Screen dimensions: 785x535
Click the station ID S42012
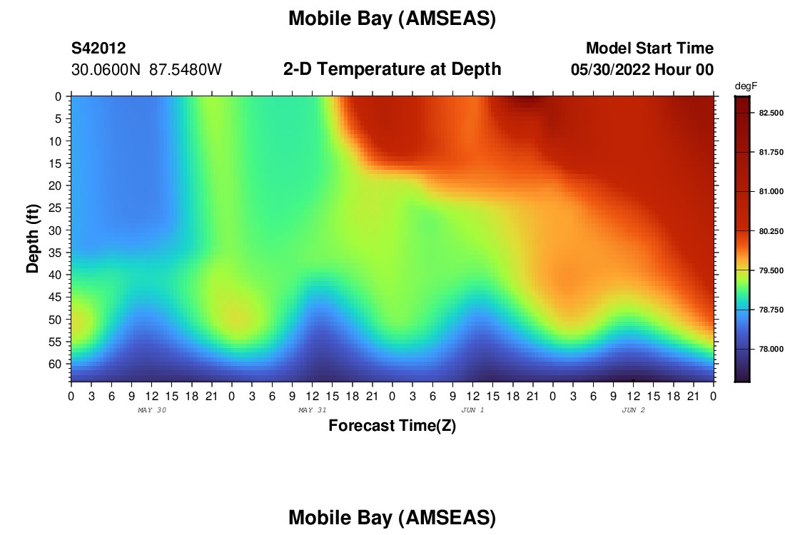(98, 48)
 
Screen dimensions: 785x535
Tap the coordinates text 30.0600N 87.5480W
(146, 70)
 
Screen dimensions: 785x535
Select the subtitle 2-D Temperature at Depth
(392, 69)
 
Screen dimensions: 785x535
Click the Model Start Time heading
(649, 48)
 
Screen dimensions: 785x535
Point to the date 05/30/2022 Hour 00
(642, 70)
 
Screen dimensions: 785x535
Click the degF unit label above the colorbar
(746, 86)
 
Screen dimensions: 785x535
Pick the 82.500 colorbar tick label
(771, 113)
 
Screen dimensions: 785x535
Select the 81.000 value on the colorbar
(771, 192)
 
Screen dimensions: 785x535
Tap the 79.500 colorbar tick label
(771, 271)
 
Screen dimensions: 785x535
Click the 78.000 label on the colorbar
(771, 350)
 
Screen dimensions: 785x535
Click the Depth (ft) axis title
(33, 238)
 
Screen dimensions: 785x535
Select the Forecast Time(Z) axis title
(392, 426)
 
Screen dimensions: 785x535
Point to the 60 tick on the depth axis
(54, 364)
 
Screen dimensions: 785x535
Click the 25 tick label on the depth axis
(54, 208)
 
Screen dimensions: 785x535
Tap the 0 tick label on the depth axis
(58, 96)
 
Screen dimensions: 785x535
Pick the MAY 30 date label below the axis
(152, 410)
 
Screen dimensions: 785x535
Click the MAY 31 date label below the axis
(313, 410)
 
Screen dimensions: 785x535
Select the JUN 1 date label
(472, 410)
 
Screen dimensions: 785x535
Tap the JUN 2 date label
(633, 410)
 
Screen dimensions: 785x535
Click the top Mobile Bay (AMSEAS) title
(392, 19)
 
